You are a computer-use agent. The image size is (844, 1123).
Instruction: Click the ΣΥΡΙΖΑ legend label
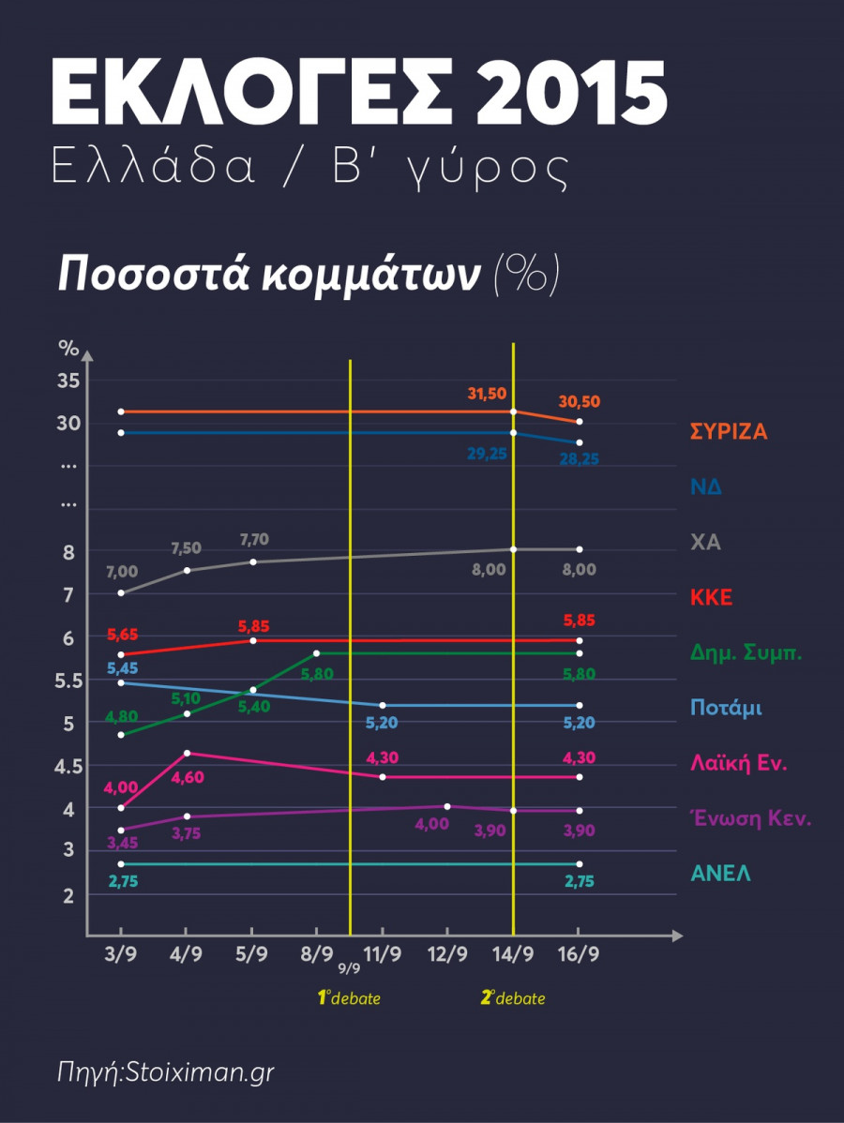click(729, 432)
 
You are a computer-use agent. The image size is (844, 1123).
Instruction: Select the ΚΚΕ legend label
click(712, 597)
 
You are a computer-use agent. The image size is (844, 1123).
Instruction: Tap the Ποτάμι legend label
click(726, 707)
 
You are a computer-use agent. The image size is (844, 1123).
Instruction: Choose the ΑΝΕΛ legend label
click(720, 874)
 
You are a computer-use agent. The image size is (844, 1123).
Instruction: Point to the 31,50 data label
click(487, 394)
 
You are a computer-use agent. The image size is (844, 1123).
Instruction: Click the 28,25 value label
click(579, 459)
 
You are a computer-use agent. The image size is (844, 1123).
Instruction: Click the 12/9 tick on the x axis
click(447, 955)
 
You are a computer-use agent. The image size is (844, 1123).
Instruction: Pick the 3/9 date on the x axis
click(121, 955)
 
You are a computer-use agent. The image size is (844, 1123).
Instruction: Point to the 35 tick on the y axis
click(68, 381)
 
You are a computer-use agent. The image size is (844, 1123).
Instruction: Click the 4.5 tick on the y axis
click(68, 766)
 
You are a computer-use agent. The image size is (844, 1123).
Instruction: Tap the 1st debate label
click(349, 998)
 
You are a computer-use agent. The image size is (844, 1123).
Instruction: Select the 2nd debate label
click(513, 998)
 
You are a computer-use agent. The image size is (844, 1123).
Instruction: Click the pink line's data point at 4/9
click(187, 753)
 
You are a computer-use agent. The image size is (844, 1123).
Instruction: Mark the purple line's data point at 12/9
click(447, 806)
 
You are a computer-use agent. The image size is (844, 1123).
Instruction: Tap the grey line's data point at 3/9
click(121, 592)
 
